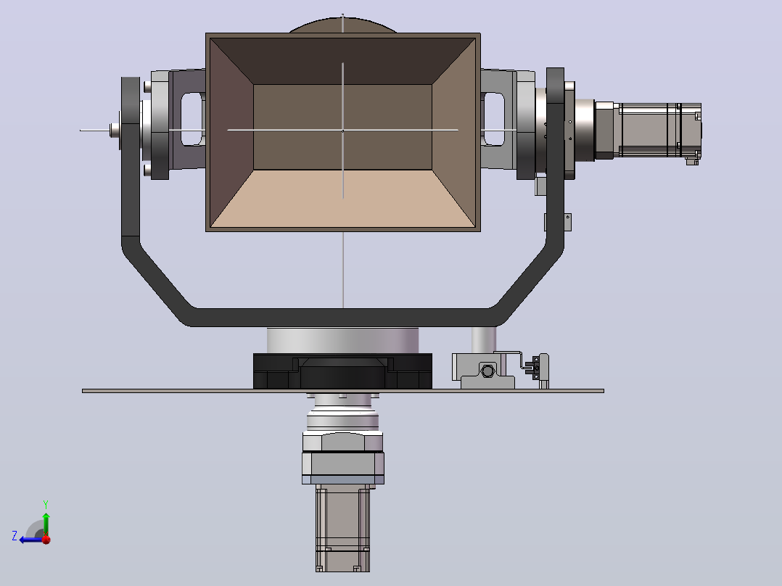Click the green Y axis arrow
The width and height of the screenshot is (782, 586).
point(46,523)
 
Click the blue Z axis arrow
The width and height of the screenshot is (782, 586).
point(31,539)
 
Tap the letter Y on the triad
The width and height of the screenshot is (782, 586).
point(46,504)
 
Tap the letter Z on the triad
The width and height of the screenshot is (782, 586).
point(15,536)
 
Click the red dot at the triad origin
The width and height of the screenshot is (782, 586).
point(46,539)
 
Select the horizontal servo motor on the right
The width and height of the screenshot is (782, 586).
point(649,131)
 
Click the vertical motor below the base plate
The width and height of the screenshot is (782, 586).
point(342,528)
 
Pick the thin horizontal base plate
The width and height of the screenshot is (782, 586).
point(343,391)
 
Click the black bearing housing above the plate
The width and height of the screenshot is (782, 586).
point(342,371)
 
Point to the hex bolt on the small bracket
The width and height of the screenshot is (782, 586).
point(487,371)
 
